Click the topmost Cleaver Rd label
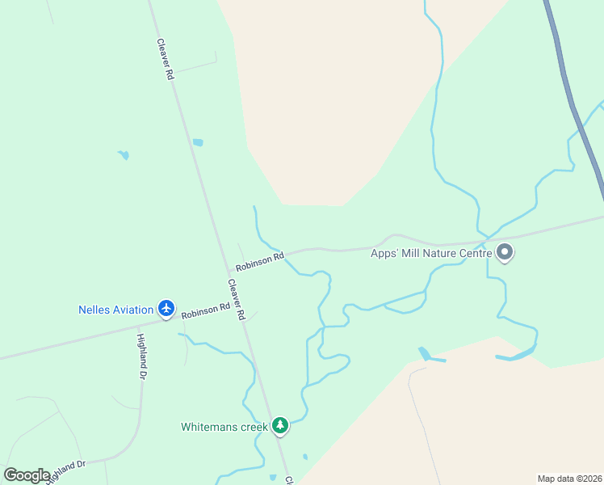click(x=166, y=59)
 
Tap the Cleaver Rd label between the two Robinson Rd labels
click(x=236, y=299)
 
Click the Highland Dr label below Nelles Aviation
click(x=142, y=356)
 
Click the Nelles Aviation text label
click(x=115, y=310)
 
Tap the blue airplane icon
click(x=166, y=308)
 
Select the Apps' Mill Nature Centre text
click(x=431, y=253)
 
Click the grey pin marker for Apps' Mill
click(x=505, y=252)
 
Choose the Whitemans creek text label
click(x=224, y=426)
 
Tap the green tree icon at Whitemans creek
click(x=280, y=425)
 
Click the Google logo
click(x=27, y=475)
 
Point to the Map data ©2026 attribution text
click(x=569, y=479)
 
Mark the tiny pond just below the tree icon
click(x=305, y=457)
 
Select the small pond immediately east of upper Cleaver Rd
click(x=198, y=142)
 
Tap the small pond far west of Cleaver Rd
click(x=123, y=154)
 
